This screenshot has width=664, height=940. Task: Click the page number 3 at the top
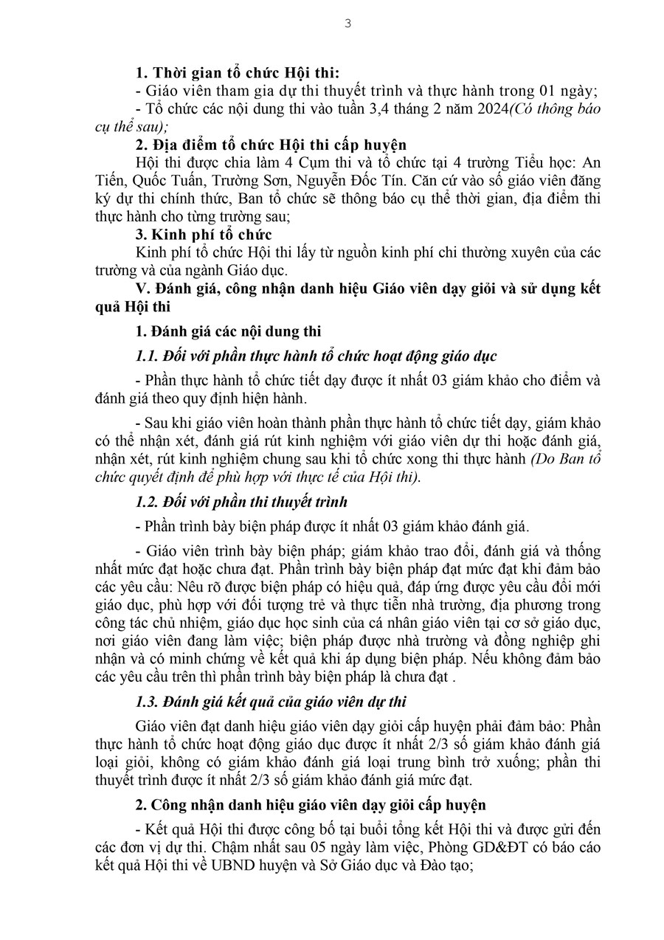pyautogui.click(x=347, y=23)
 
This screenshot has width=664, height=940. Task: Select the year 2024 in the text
pyautogui.click(x=488, y=109)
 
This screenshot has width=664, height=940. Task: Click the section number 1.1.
pyautogui.click(x=148, y=356)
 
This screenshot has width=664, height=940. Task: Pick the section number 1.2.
pyautogui.click(x=148, y=502)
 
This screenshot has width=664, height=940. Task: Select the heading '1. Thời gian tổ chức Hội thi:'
pyautogui.click(x=238, y=72)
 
